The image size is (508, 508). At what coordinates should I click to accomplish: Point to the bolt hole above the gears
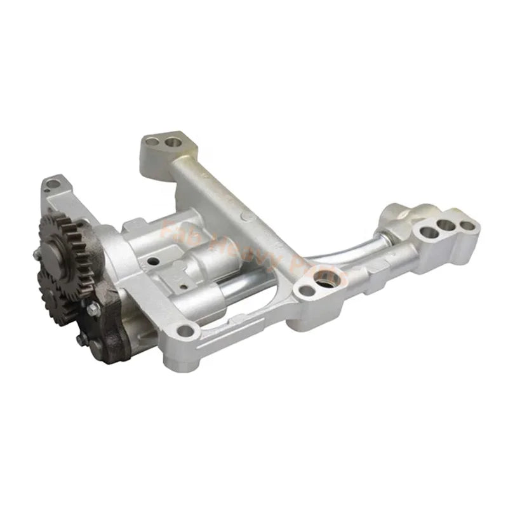click(53, 184)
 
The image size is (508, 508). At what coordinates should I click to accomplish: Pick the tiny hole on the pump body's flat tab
click(150, 260)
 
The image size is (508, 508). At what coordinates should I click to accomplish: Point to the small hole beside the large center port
click(307, 291)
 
